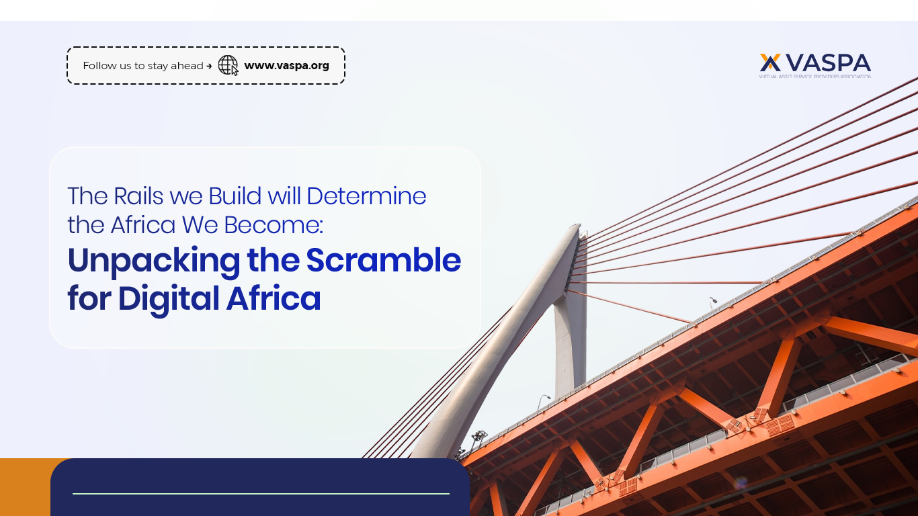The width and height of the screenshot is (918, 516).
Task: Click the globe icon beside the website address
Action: pyautogui.click(x=228, y=65)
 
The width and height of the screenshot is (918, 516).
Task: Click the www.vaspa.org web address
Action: pyautogui.click(x=286, y=65)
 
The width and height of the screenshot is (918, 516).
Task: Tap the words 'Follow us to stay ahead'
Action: pyautogui.click(x=142, y=66)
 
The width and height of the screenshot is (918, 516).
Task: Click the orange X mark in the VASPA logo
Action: pyautogui.click(x=770, y=62)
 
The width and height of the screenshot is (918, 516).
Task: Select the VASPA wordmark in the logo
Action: pyautogui.click(x=828, y=62)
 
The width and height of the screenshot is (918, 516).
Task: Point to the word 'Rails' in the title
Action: pyautogui.click(x=139, y=196)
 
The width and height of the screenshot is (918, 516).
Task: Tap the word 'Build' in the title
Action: pyautogui.click(x=235, y=196)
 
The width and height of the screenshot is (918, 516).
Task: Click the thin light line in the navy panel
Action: pyautogui.click(x=261, y=494)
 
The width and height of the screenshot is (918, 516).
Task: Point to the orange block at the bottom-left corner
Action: pyautogui.click(x=25, y=487)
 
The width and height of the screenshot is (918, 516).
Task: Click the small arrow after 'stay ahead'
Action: pyautogui.click(x=209, y=66)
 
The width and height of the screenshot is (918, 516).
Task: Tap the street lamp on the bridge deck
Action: pyautogui.click(x=712, y=300)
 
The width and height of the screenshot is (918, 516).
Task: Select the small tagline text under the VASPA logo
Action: pyautogui.click(x=815, y=77)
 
